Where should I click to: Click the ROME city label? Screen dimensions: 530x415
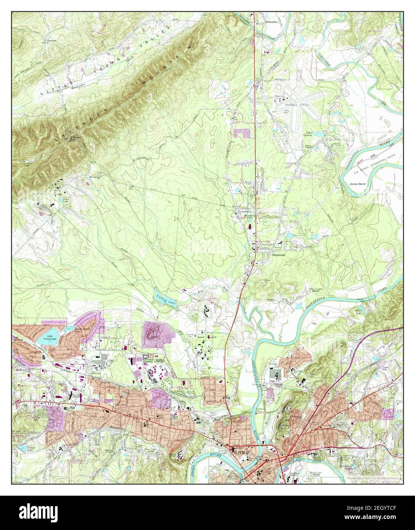pos(241,451)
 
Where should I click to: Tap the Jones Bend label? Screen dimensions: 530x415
pos(357,184)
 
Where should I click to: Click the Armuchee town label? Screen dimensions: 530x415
pos(272,22)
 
